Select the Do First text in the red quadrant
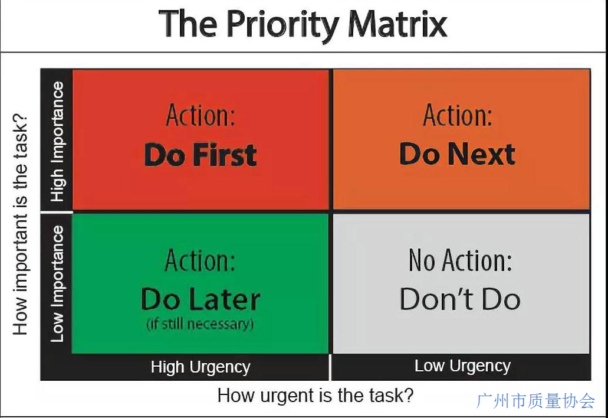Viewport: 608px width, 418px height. [x=201, y=155]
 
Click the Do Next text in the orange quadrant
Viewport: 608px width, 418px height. [x=458, y=154]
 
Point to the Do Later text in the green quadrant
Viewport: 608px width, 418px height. [x=201, y=299]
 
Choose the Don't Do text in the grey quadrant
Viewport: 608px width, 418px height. [x=460, y=299]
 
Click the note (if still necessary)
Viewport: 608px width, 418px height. [x=200, y=324]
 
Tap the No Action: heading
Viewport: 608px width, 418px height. [x=460, y=260]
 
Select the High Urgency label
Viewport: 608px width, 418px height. [x=201, y=367]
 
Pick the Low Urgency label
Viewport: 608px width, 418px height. [x=462, y=365]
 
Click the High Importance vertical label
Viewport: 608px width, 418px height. [x=58, y=142]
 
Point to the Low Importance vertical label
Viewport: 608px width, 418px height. [x=58, y=284]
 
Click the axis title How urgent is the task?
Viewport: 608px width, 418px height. [x=315, y=396]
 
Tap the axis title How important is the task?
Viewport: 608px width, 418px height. [x=21, y=224]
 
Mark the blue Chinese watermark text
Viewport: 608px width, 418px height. [x=535, y=401]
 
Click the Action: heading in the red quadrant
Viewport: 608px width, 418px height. [x=201, y=115]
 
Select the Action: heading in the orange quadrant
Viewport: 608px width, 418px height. [x=458, y=115]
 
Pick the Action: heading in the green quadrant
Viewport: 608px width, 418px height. [x=200, y=260]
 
